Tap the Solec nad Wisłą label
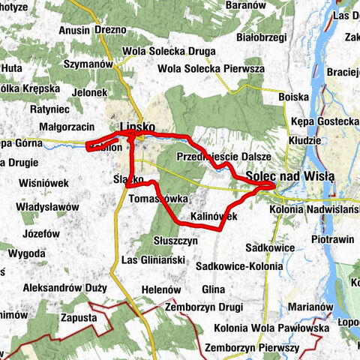(x=289, y=175)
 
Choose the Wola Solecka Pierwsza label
(x=211, y=69)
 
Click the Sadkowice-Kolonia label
(x=238, y=266)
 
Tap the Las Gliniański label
(x=152, y=260)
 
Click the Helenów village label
(x=157, y=289)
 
